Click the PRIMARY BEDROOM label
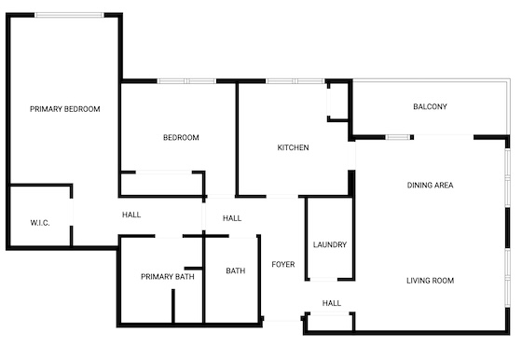pyautogui.click(x=65, y=109)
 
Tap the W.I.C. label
pyautogui.click(x=40, y=223)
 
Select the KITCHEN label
pyautogui.click(x=293, y=147)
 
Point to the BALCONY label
pyautogui.click(x=430, y=106)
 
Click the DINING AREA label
pyautogui.click(x=430, y=186)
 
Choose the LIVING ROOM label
pyautogui.click(x=430, y=281)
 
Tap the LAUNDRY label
pyautogui.click(x=330, y=244)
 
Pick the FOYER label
pyautogui.click(x=283, y=265)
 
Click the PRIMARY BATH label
pyautogui.click(x=168, y=277)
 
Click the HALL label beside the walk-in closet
pyautogui.click(x=131, y=215)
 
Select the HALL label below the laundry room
pyautogui.click(x=332, y=303)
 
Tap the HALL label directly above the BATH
pyautogui.click(x=232, y=218)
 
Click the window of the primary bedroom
pyautogui.click(x=69, y=15)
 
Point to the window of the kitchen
pyautogui.click(x=295, y=81)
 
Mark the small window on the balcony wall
pyautogui.click(x=397, y=137)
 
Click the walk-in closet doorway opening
pyautogui.click(x=71, y=212)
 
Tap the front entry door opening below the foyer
pyautogui.click(x=282, y=319)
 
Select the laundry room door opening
pyautogui.click(x=323, y=280)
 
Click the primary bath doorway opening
pyautogui.click(x=169, y=237)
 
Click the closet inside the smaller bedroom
pyautogui.click(x=162, y=184)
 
